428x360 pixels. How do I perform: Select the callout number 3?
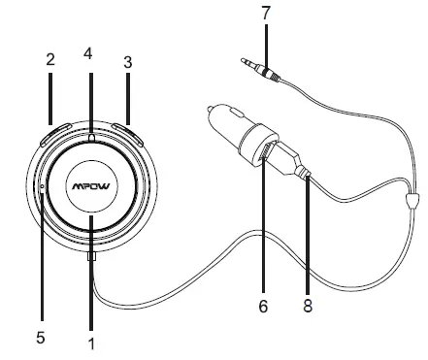(127, 60)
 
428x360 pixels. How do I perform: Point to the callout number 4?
(88, 53)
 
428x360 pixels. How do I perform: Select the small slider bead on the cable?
(412, 203)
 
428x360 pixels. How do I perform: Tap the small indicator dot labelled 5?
(42, 185)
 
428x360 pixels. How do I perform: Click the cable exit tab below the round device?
(91, 257)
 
